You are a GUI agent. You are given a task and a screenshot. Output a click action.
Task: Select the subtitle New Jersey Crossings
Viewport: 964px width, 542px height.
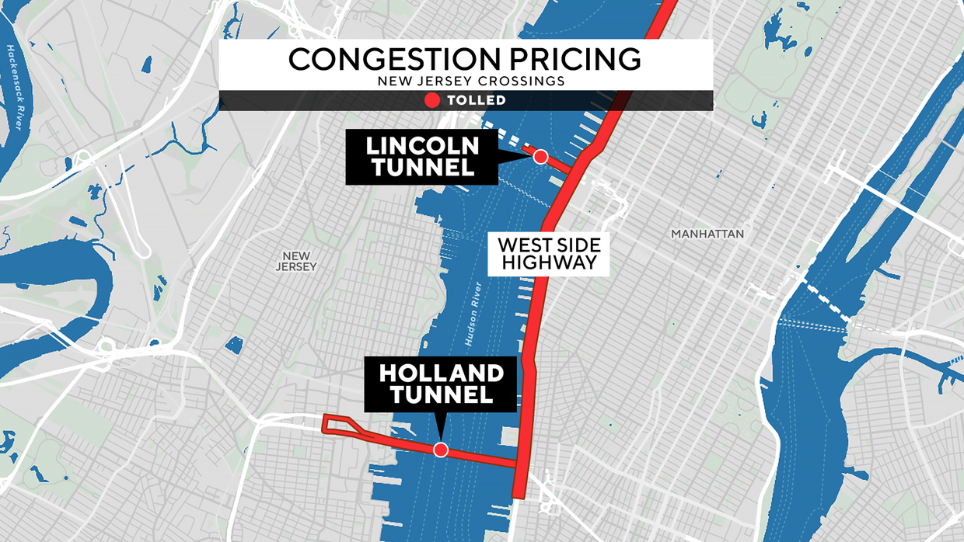coord(466,81)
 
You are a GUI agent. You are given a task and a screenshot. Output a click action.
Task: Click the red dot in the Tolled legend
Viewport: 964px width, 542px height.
coord(432,100)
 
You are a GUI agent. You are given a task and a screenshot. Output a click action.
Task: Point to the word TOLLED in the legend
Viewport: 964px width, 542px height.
coord(476,100)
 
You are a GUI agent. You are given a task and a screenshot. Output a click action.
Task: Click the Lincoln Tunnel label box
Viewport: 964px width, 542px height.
coord(421,156)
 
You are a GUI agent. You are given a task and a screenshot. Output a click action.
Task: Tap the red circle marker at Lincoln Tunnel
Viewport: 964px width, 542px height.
coord(540,157)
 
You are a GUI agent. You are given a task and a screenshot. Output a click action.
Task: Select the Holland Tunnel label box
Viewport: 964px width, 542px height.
coord(441,384)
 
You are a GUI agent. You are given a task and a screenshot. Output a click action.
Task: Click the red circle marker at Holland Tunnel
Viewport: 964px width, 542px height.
coord(441,450)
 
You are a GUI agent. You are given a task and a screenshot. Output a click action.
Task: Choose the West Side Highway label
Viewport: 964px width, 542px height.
coord(549,252)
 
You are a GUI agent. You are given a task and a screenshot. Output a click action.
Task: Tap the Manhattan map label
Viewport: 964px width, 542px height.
coord(707,234)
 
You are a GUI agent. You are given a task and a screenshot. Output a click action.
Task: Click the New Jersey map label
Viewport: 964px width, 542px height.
coord(296,262)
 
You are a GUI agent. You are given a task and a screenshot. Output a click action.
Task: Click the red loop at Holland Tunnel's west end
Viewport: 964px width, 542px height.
coord(339,424)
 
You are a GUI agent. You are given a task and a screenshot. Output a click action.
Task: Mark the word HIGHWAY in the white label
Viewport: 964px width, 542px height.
coord(549,262)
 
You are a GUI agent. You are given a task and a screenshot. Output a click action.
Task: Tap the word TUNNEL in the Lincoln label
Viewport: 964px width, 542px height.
coord(422,167)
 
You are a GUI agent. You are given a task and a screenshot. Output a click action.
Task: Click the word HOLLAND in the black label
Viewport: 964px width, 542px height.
coord(441,373)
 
